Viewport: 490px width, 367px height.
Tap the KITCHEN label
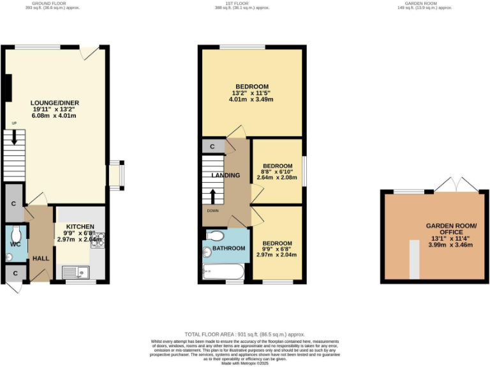[x=80, y=226]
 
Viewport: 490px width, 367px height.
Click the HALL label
[x=41, y=258]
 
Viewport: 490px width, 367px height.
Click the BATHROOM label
[x=228, y=248]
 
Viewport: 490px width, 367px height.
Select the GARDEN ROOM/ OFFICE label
[x=451, y=230]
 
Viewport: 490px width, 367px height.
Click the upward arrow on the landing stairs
[x=214, y=194]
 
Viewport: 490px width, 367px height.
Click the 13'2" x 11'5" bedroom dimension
[x=251, y=94]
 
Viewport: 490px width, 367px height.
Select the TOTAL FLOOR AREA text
[x=244, y=335]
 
